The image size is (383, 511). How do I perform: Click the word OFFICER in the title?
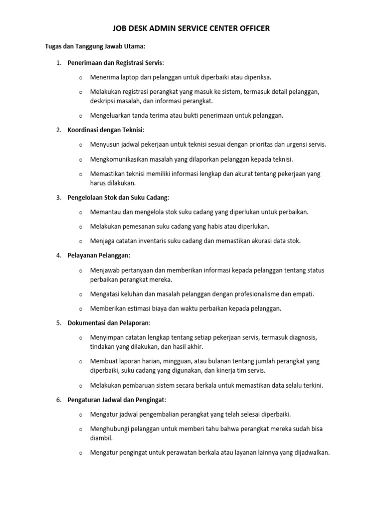tap(252, 28)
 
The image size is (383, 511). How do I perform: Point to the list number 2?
tap(58, 130)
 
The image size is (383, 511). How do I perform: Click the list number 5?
tap(58, 323)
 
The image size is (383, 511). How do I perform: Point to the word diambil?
tap(102, 438)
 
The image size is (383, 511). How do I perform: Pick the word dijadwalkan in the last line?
tap(310, 453)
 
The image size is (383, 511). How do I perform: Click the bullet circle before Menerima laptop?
tap(81, 78)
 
